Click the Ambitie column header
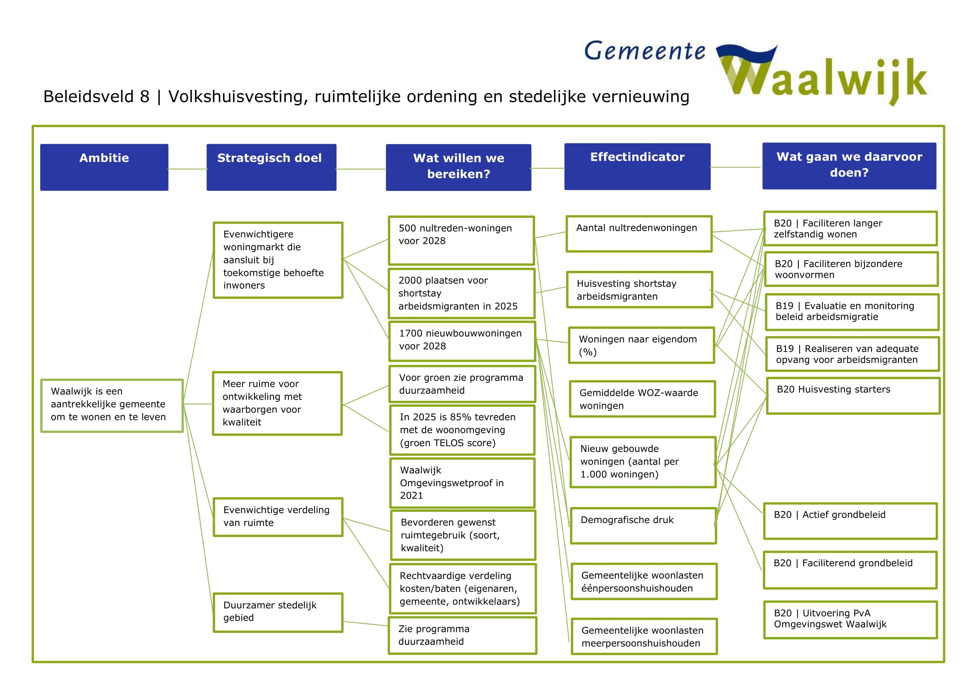[x=104, y=167]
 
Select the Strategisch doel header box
[x=271, y=167]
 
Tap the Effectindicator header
[x=637, y=166]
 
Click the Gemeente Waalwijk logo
[x=755, y=72]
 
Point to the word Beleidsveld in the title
[x=89, y=96]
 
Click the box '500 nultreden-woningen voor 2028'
[x=461, y=241]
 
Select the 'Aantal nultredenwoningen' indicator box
[x=639, y=234]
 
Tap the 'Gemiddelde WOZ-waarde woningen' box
[x=642, y=399]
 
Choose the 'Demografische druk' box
[x=643, y=526]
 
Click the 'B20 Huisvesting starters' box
[x=853, y=396]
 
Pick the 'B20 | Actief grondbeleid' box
[x=850, y=521]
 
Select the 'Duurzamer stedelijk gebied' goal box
[x=278, y=613]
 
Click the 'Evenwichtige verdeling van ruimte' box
[x=278, y=517]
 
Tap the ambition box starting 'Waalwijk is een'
[x=112, y=406]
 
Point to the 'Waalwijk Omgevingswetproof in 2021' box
[x=462, y=483]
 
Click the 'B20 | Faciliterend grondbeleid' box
[x=850, y=570]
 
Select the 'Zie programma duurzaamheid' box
[x=462, y=636]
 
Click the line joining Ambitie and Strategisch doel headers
[x=187, y=169]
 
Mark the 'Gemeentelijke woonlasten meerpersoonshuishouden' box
[x=644, y=637]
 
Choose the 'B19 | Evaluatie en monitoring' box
[x=852, y=312]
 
